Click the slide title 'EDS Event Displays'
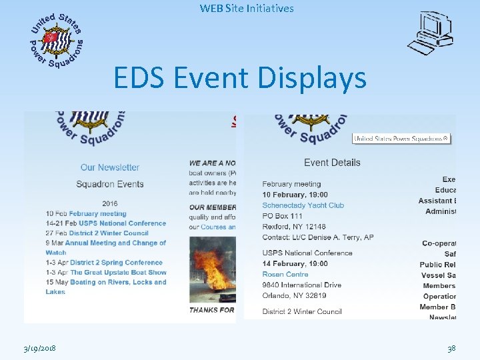(x=240, y=78)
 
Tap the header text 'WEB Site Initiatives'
(x=247, y=9)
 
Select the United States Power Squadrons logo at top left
(x=57, y=40)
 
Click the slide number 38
(x=451, y=348)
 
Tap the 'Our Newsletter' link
(x=110, y=167)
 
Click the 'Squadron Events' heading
(x=110, y=184)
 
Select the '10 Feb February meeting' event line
(x=81, y=214)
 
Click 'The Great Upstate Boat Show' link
(x=118, y=272)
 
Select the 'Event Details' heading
(x=332, y=162)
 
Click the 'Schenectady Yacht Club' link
(x=303, y=205)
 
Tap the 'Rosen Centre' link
(x=285, y=274)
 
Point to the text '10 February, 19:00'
(x=295, y=195)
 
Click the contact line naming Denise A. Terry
(x=318, y=237)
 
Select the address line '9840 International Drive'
(x=302, y=285)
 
